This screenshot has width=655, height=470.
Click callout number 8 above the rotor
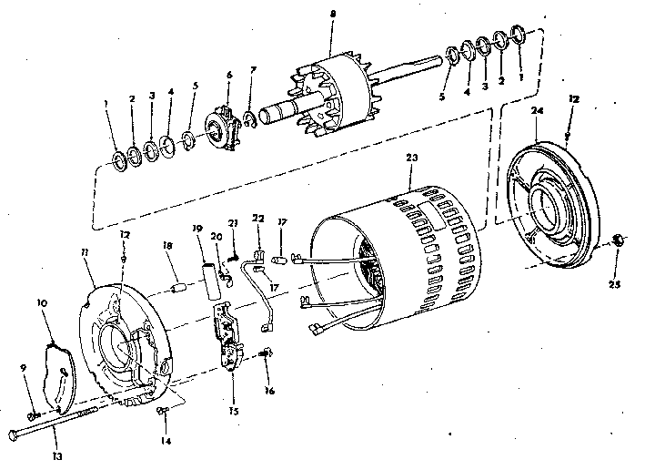pyautogui.click(x=333, y=15)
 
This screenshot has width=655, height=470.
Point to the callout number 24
pyautogui.click(x=538, y=111)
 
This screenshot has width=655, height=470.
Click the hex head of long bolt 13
pyautogui.click(x=14, y=434)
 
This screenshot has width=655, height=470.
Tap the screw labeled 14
pyautogui.click(x=162, y=412)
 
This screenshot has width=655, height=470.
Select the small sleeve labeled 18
pyautogui.click(x=179, y=289)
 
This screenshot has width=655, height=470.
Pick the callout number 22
pyautogui.click(x=258, y=219)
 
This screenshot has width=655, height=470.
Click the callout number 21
pyautogui.click(x=233, y=223)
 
